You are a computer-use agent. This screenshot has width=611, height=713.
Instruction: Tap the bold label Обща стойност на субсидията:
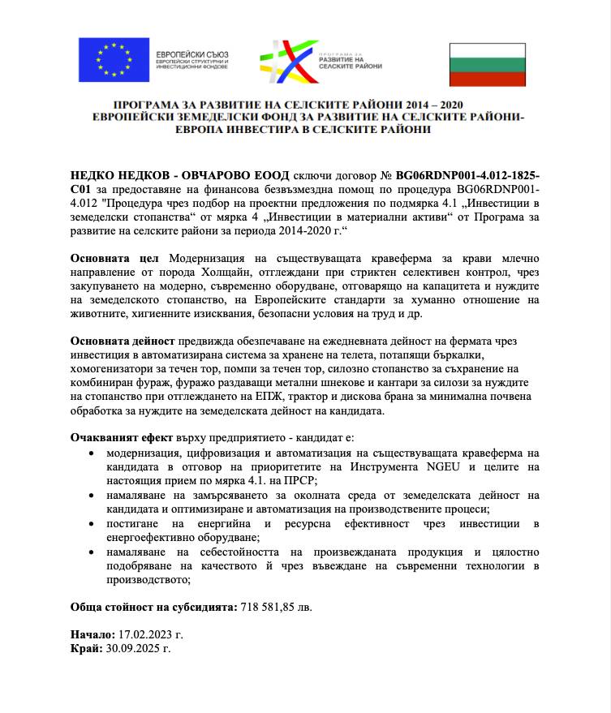153,607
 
